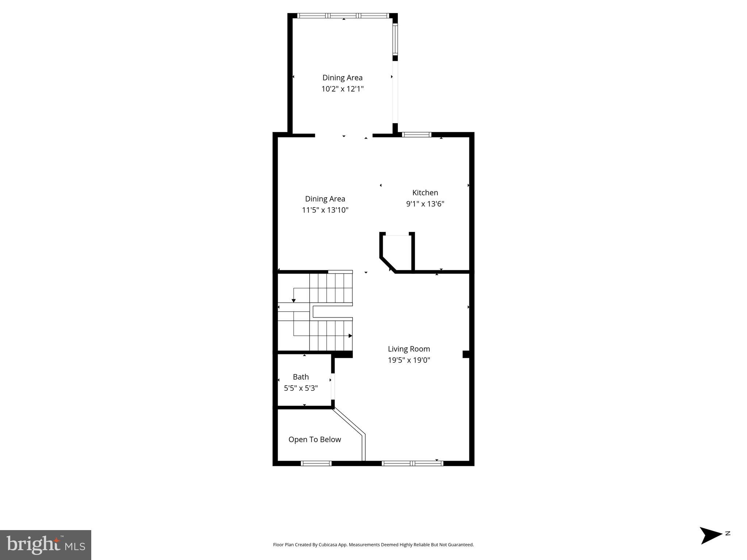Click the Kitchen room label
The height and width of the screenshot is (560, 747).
pos(425,192)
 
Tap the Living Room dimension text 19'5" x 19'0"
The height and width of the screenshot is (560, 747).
pos(409,360)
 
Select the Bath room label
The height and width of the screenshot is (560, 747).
pos(301,377)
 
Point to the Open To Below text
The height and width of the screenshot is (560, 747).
pos(315,439)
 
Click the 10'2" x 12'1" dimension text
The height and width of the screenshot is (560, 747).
pos(342,89)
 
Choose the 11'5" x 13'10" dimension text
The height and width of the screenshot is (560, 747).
pos(325,210)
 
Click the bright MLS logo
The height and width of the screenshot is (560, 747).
pos(46,545)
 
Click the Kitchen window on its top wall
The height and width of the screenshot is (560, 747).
pos(416,135)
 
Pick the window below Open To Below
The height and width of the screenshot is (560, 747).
pos(316,463)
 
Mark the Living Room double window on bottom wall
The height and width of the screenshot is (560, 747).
pos(412,463)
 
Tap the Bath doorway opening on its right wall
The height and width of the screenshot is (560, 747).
pos(333,386)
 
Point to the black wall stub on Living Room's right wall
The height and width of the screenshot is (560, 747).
pos(466,354)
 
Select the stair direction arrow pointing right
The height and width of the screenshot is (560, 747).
pos(350,336)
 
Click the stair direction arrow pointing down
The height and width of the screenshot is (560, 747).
pos(293,300)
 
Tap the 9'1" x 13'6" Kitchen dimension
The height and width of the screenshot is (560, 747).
pos(425,204)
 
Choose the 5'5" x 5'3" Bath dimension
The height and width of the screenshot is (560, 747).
pos(301,388)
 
